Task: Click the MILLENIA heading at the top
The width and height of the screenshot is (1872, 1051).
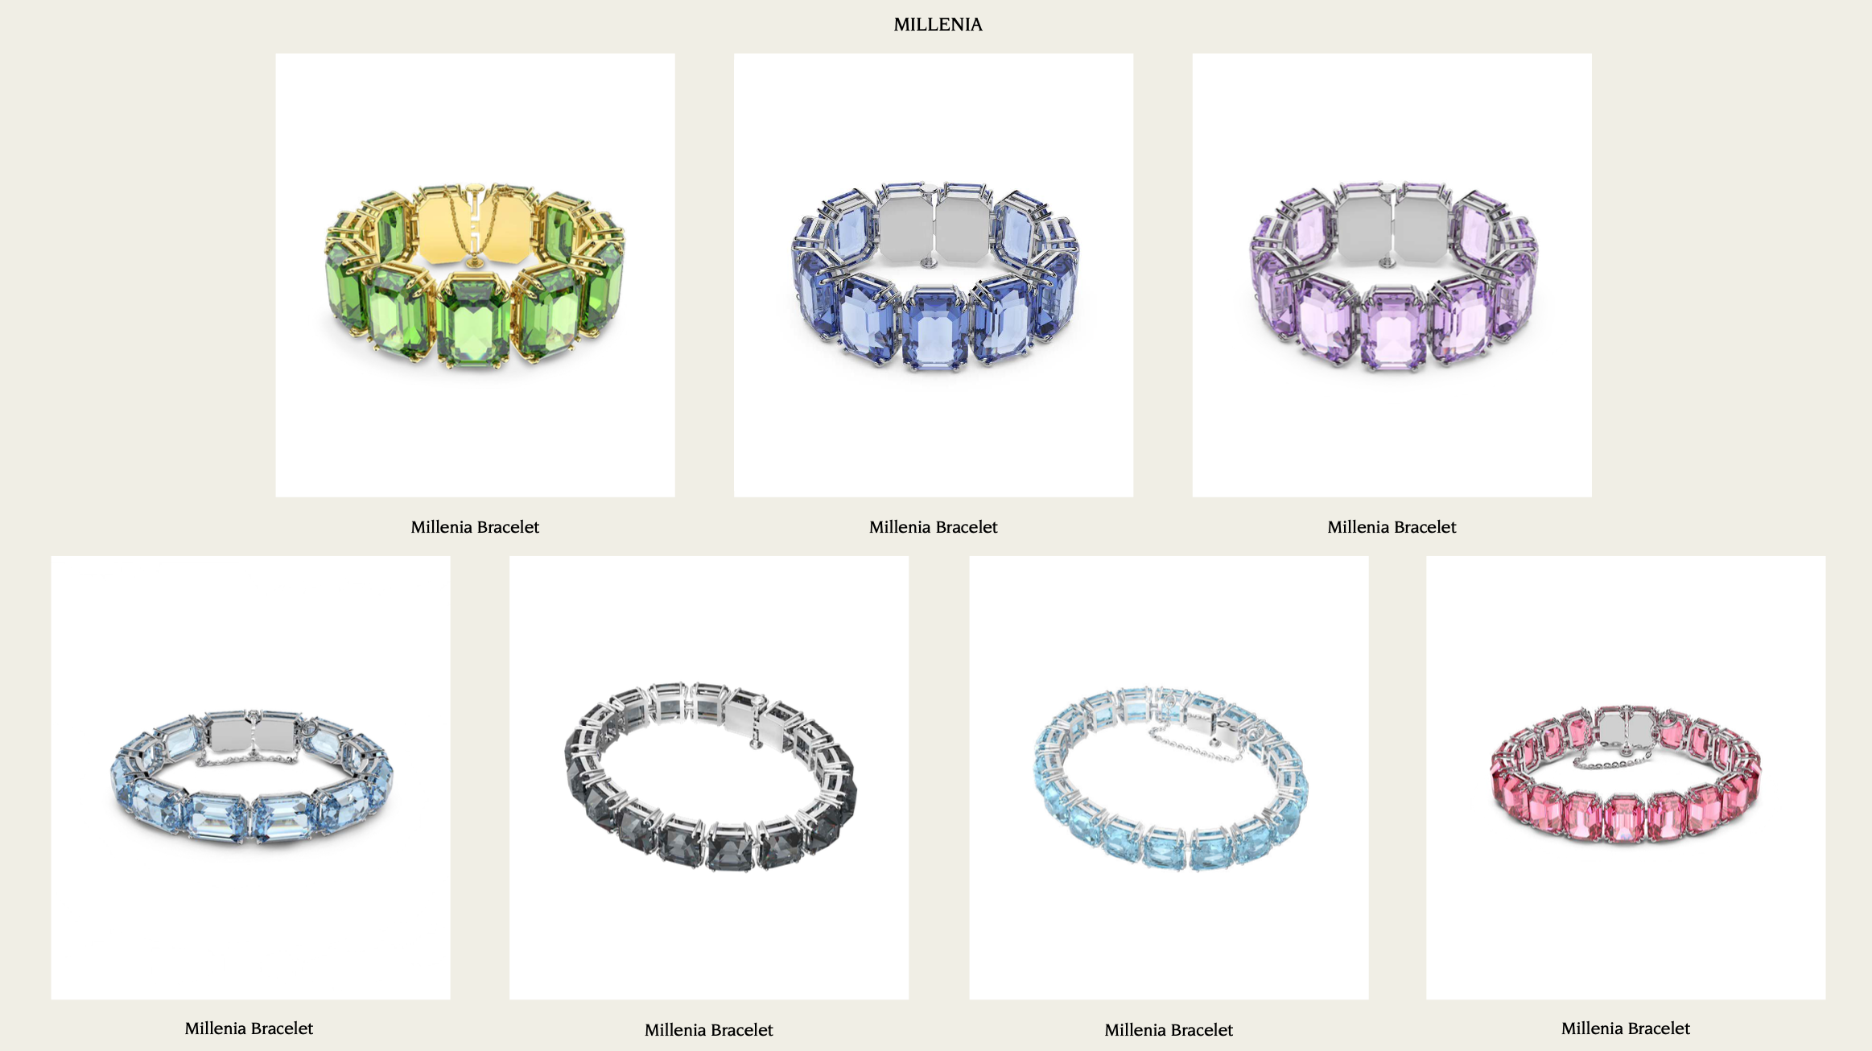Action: tap(938, 24)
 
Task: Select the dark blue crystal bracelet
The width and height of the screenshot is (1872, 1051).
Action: tap(934, 276)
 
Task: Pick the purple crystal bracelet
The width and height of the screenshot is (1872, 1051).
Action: tap(1393, 276)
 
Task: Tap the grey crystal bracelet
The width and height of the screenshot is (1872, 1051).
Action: tap(711, 777)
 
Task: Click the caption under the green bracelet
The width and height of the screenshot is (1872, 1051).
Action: tap(475, 527)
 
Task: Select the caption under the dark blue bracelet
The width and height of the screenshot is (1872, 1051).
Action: tap(934, 527)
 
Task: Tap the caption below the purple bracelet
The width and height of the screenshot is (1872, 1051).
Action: tap(1392, 527)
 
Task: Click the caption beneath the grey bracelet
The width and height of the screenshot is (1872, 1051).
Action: tap(709, 1030)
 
